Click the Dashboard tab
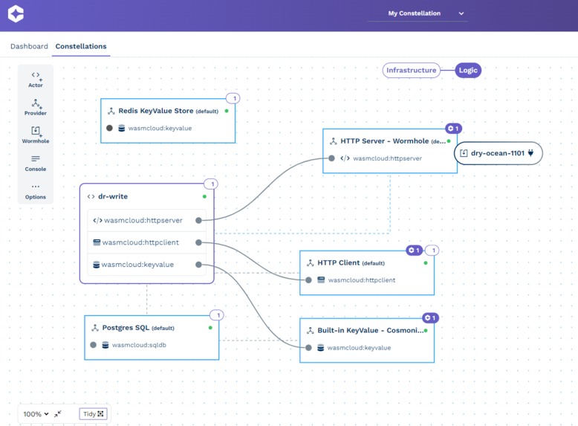(29, 46)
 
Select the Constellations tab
(81, 46)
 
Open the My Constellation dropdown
(418, 13)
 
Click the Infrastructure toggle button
(411, 71)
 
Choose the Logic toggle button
(468, 71)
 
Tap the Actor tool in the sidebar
(36, 79)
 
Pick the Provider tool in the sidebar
(36, 107)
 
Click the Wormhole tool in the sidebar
(36, 135)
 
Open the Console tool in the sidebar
(36, 163)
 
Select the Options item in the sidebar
(36, 191)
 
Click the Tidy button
(94, 414)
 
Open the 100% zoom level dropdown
(36, 414)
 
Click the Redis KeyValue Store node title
(156, 111)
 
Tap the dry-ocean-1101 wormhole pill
(498, 153)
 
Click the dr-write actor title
(113, 196)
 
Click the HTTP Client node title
(339, 262)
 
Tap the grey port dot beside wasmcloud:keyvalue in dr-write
(199, 265)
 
